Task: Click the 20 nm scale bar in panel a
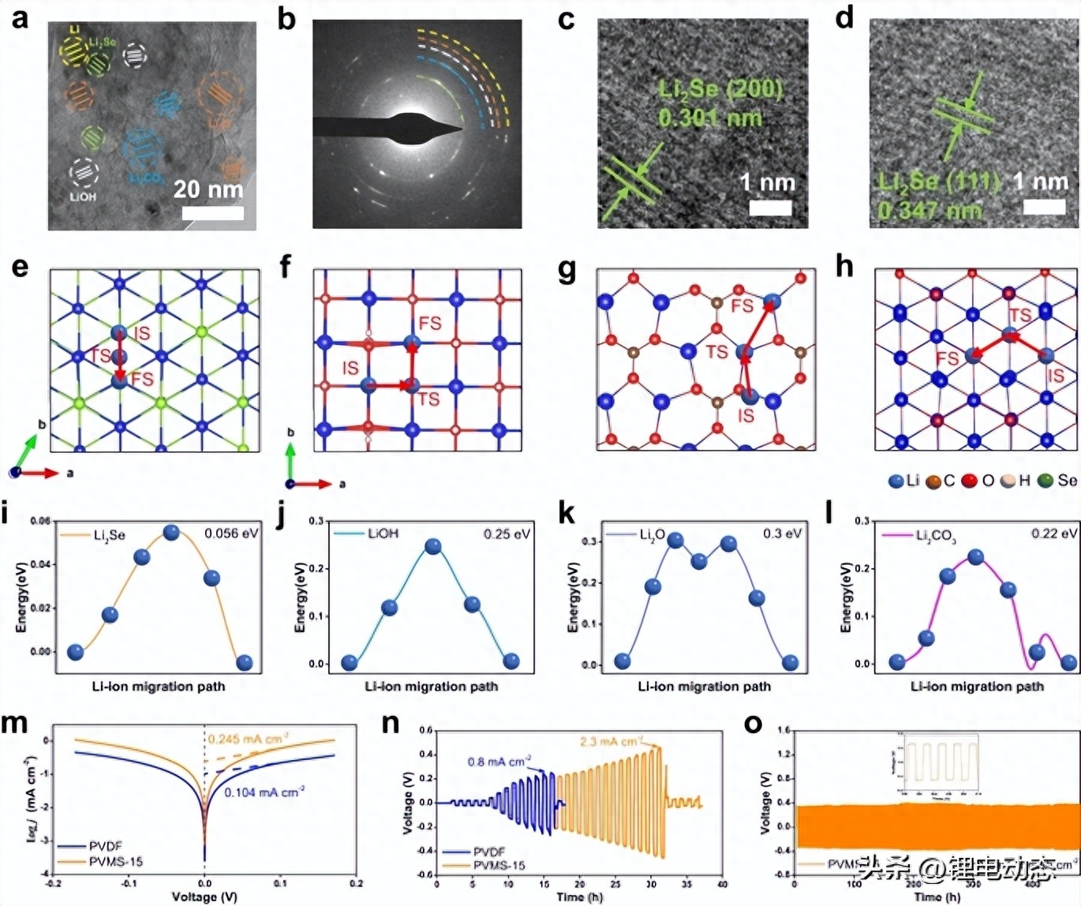212,213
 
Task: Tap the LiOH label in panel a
83,197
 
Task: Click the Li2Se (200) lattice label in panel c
720,89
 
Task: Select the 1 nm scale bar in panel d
1044,207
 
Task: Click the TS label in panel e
99,355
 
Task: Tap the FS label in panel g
742,305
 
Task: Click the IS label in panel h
1055,376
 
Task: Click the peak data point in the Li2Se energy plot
171,533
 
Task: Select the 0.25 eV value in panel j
507,534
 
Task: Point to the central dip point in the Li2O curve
699,561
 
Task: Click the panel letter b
286,19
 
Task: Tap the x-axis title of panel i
159,687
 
